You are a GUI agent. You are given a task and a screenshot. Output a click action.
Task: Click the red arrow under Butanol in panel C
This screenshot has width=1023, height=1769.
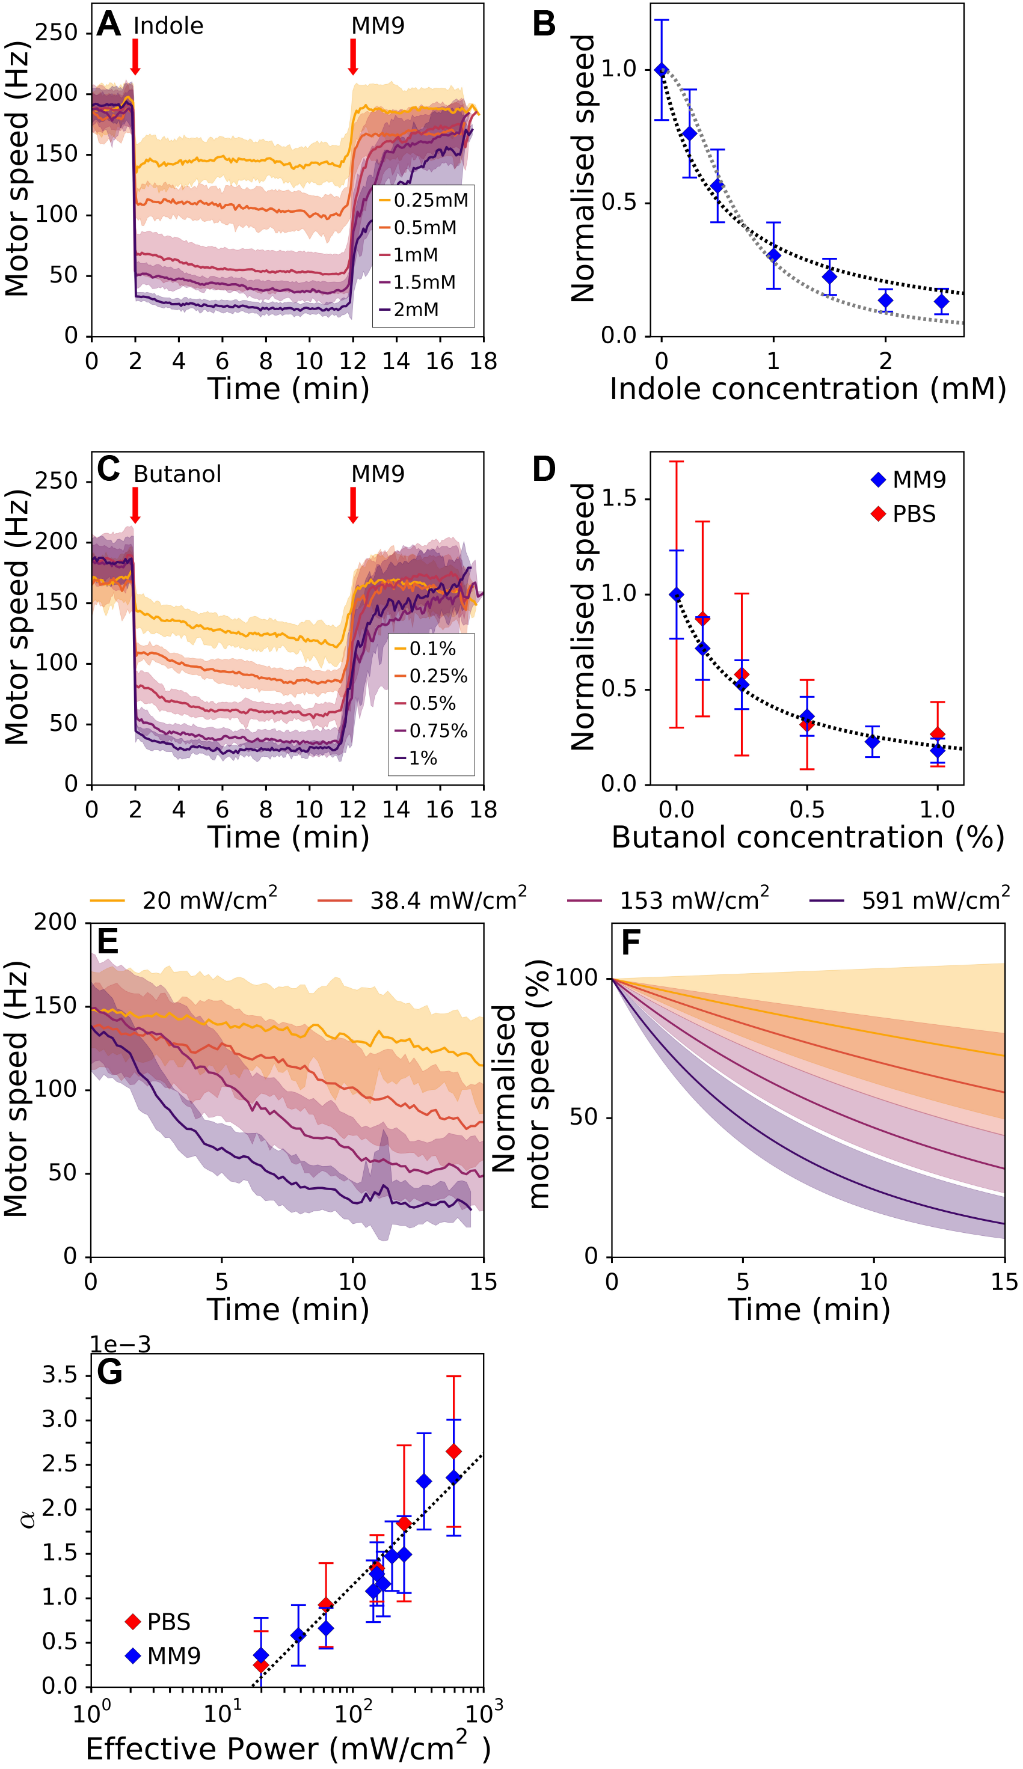coord(135,505)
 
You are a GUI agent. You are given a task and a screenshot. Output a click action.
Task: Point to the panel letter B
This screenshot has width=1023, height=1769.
coord(544,24)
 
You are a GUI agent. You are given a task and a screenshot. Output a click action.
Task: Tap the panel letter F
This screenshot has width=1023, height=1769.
coord(630,943)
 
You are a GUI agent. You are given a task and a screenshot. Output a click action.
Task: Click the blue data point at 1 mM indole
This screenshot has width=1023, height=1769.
coord(773,255)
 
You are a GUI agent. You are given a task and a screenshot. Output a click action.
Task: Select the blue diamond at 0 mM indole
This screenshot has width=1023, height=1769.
coord(662,70)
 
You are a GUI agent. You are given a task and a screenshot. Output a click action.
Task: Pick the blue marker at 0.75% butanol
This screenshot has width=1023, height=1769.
coord(872,741)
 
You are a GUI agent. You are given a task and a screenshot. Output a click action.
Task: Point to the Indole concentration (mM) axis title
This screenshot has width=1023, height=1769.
coord(808,389)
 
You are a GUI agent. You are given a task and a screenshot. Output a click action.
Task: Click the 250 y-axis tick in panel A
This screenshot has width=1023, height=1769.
coord(56,32)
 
